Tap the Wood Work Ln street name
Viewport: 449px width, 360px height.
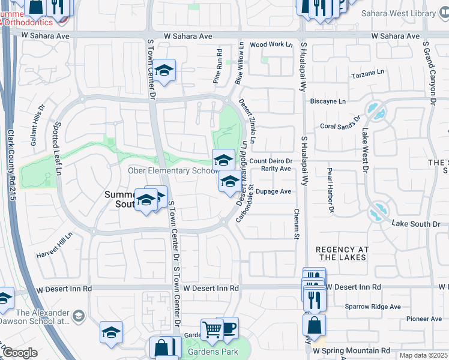coord(271,44)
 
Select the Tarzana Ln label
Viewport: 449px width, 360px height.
coord(367,72)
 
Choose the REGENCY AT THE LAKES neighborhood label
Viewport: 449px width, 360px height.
coord(341,253)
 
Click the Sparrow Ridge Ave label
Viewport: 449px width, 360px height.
coord(372,307)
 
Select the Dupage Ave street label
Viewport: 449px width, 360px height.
coord(273,192)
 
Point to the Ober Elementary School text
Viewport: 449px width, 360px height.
coord(172,171)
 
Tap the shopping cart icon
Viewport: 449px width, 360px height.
coord(211,329)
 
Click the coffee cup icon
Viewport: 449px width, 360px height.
coord(228,327)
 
